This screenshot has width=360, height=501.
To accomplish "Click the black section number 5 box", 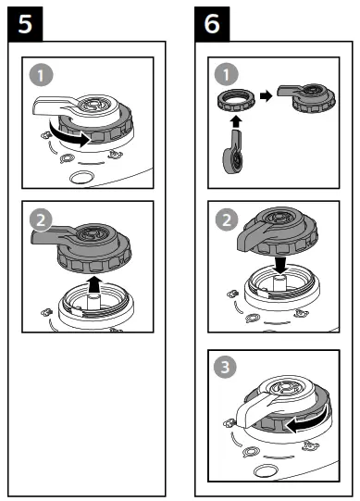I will tap(22, 23).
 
